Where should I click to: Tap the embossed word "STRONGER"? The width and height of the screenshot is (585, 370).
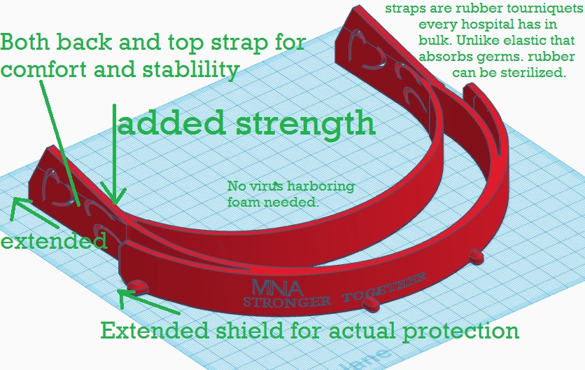point(287,301)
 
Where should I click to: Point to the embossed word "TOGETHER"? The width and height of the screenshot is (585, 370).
point(383,288)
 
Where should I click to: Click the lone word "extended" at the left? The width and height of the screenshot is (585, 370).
point(54,241)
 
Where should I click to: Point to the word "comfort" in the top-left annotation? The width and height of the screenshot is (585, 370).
point(44,69)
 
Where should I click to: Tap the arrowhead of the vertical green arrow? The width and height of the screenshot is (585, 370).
point(114,196)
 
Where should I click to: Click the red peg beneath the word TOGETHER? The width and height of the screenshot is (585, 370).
point(371,305)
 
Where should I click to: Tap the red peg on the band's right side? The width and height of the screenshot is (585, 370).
point(477,256)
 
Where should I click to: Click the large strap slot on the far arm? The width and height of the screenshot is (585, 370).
point(362,50)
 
